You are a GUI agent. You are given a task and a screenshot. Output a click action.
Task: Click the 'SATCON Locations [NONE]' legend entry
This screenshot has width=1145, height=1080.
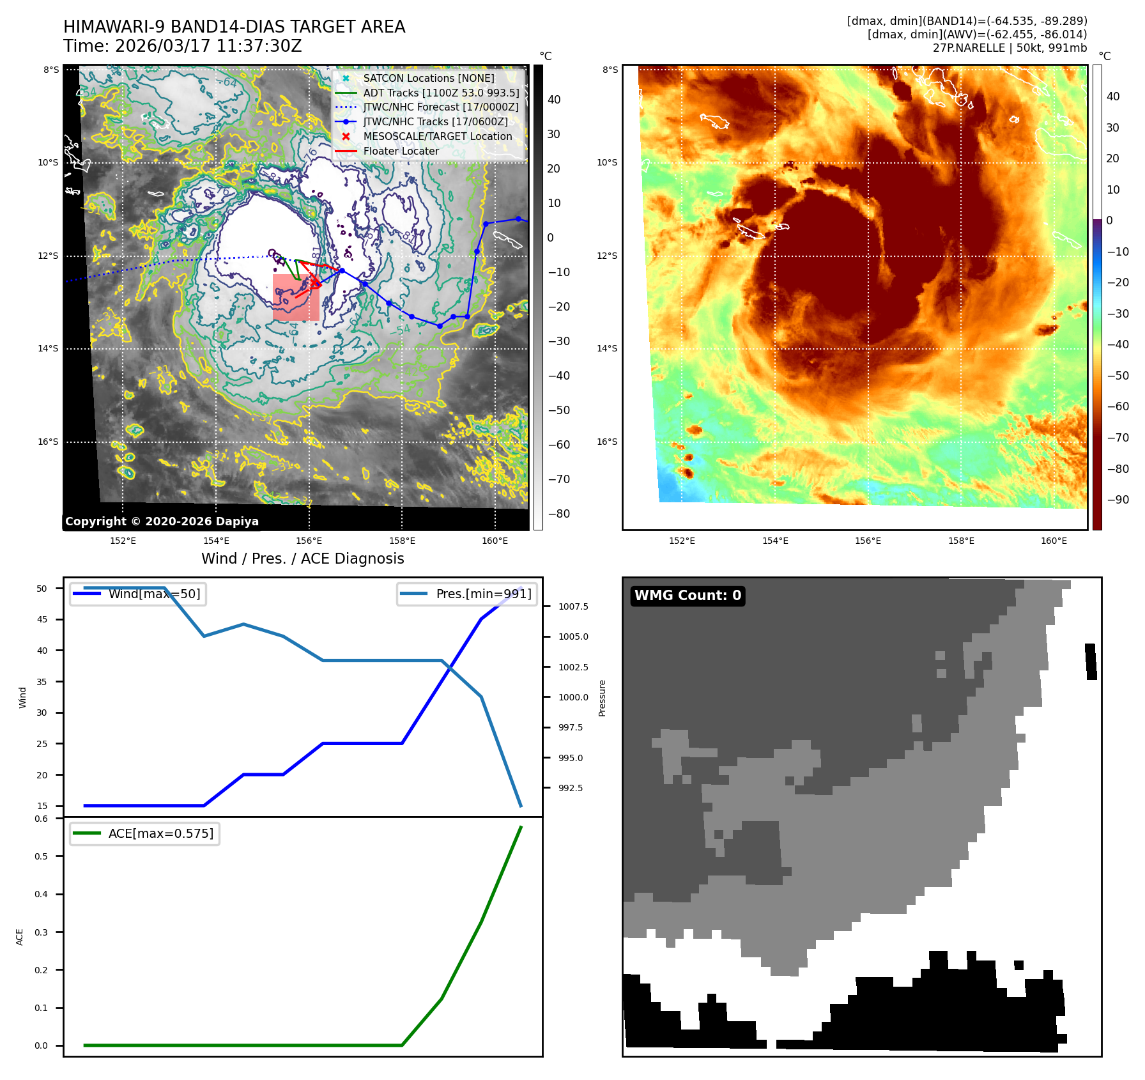tap(429, 78)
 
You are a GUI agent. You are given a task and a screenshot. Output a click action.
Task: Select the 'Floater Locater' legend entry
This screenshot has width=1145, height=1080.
tap(401, 151)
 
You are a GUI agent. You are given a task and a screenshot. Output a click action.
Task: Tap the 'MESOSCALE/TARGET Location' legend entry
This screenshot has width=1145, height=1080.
tap(438, 137)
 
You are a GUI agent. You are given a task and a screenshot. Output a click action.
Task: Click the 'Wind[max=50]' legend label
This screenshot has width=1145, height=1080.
tap(154, 594)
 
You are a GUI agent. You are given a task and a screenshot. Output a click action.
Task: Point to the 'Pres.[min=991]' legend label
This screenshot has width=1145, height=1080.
tap(484, 594)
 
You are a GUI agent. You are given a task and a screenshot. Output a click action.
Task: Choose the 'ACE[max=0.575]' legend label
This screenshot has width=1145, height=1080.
tap(161, 834)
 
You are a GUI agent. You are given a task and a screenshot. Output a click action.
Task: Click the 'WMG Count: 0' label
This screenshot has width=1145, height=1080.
tap(688, 596)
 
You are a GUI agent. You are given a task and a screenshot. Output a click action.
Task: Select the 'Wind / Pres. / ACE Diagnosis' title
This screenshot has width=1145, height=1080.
tap(303, 559)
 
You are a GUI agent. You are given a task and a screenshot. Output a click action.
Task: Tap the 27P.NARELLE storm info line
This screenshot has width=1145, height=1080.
tap(1010, 48)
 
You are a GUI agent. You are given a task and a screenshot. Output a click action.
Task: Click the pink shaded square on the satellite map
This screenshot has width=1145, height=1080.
tap(296, 297)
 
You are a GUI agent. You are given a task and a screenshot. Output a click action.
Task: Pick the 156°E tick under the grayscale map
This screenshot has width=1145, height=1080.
tap(309, 541)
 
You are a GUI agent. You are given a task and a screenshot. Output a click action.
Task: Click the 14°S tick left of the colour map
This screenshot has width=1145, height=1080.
tap(607, 349)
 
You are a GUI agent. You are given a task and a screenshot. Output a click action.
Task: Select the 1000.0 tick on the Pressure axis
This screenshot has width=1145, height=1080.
tap(573, 697)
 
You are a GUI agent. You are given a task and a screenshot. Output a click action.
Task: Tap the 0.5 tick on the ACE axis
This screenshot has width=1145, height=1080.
tap(42, 856)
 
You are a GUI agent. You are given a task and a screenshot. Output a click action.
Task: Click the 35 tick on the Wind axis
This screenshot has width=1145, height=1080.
tap(42, 682)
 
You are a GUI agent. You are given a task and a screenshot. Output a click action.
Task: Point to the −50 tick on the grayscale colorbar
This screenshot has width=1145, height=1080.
tap(558, 410)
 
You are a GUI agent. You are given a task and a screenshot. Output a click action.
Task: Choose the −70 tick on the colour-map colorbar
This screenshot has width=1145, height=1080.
tap(1118, 438)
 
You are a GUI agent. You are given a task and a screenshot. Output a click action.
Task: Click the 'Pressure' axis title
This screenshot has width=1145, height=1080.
tap(602, 698)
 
